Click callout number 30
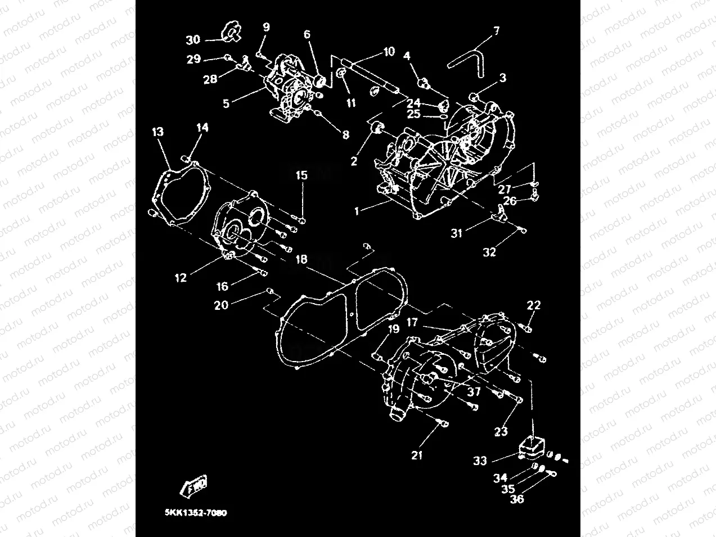pyautogui.click(x=193, y=40)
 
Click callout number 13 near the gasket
pyautogui.click(x=157, y=132)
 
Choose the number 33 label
pyautogui.click(x=480, y=461)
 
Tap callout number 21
pyautogui.click(x=417, y=455)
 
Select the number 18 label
pyautogui.click(x=301, y=259)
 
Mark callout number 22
pyautogui.click(x=533, y=305)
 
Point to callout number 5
pyautogui.click(x=226, y=104)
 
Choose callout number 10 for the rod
pyautogui.click(x=389, y=52)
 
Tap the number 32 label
pyautogui.click(x=489, y=252)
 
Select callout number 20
pyautogui.click(x=221, y=305)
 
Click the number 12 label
pyautogui.click(x=180, y=278)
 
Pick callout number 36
pyautogui.click(x=516, y=499)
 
